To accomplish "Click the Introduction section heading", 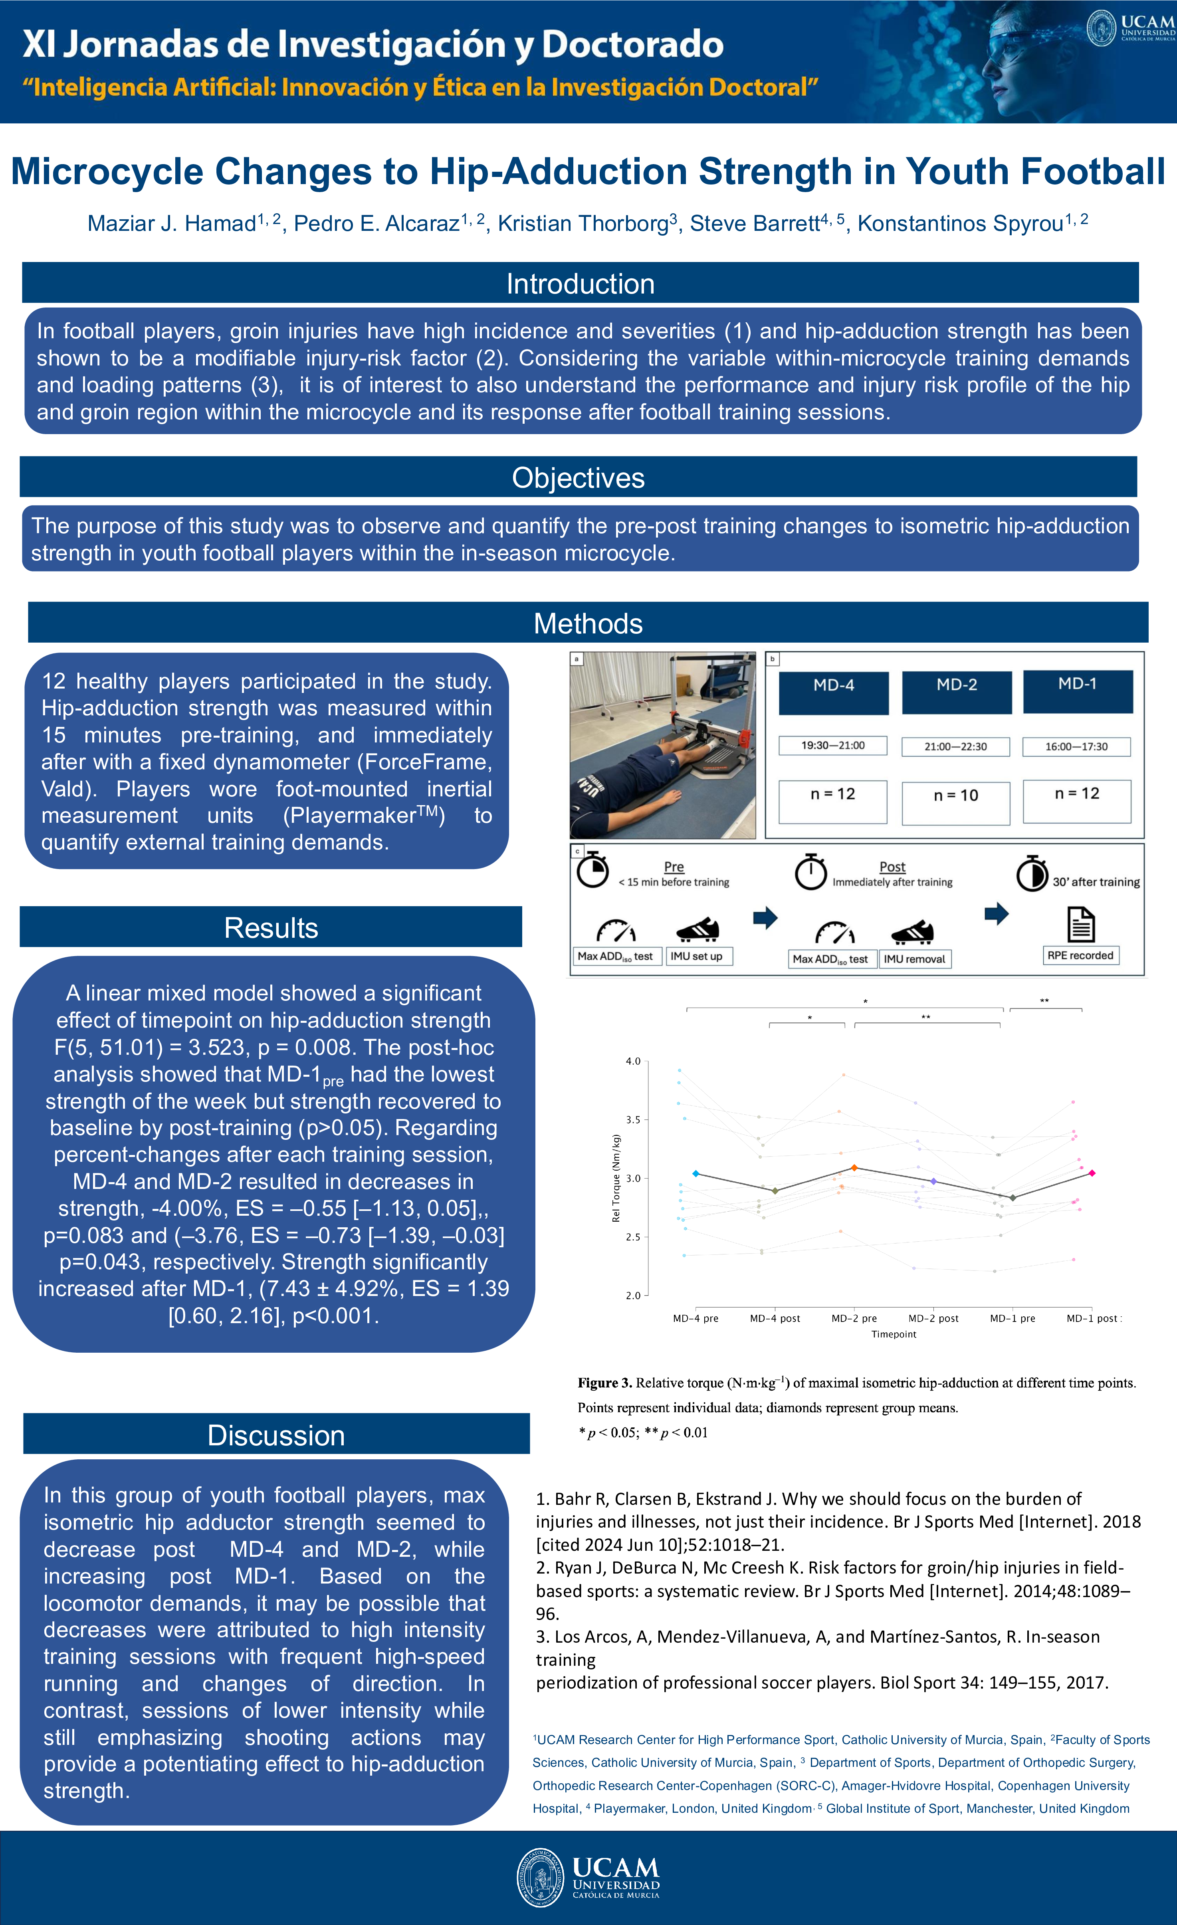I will [x=580, y=284].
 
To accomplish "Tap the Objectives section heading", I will [x=578, y=477].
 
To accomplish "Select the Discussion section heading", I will [x=276, y=1435].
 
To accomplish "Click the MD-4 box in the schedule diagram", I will [x=833, y=692].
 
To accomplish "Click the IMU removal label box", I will [x=915, y=959].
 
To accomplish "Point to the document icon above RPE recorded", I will [x=1081, y=925].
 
